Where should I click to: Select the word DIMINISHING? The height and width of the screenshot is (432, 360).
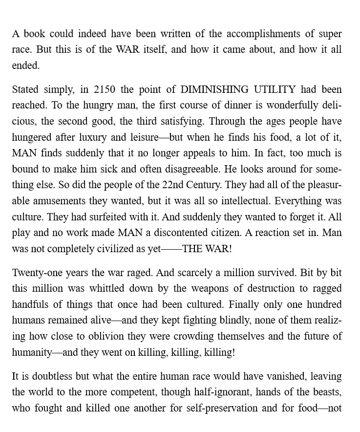click(x=213, y=89)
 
